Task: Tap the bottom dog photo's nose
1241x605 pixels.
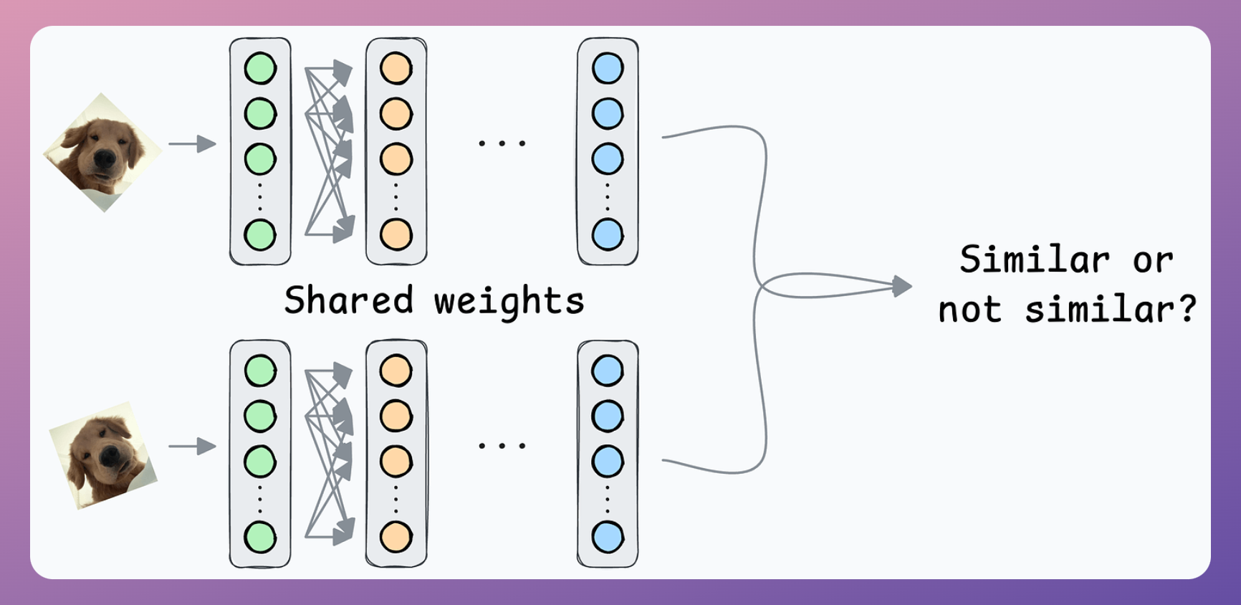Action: [x=110, y=456]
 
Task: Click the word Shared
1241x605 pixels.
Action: [x=349, y=300]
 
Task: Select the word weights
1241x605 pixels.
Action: [x=509, y=302]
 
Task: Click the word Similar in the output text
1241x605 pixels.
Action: [x=1035, y=259]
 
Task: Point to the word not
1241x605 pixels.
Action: [x=970, y=310]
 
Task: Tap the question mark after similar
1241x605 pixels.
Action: [x=1187, y=308]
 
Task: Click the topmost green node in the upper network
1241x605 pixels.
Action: [x=260, y=69]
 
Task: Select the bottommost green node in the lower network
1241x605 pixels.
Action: [x=260, y=538]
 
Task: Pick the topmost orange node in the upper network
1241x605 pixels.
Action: [x=396, y=69]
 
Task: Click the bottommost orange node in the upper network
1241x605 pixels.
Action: [x=396, y=234]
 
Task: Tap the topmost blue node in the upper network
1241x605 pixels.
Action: [x=608, y=69]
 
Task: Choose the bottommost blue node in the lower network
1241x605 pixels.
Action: [x=608, y=538]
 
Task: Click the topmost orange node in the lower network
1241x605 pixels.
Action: [x=396, y=371]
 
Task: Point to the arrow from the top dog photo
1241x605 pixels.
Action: [x=192, y=144]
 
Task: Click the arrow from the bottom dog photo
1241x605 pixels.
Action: [x=192, y=447]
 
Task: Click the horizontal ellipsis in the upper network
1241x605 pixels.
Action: [x=502, y=143]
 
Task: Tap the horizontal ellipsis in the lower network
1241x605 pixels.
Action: [x=502, y=446]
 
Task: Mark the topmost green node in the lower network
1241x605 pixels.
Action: [x=260, y=371]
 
